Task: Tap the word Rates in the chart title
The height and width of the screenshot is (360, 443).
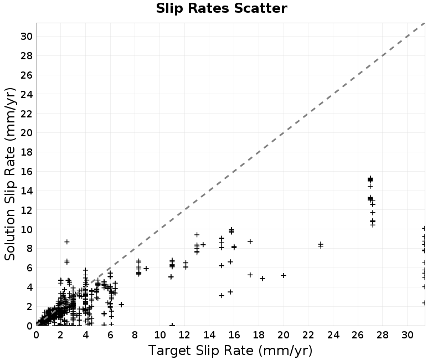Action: click(209, 8)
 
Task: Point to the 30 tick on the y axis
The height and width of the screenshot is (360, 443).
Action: click(26, 37)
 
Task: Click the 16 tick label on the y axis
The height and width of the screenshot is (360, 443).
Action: click(26, 172)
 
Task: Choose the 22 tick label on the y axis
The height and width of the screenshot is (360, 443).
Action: click(26, 114)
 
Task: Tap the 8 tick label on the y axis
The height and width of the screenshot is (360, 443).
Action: click(29, 249)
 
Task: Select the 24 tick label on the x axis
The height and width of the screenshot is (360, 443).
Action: click(333, 335)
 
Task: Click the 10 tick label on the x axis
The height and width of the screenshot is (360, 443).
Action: click(160, 335)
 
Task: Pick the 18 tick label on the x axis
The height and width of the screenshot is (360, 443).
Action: click(259, 335)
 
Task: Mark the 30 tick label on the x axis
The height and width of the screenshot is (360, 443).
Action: click(408, 335)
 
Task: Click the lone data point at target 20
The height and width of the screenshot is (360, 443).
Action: click(284, 275)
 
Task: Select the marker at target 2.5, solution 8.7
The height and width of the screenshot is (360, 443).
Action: click(67, 241)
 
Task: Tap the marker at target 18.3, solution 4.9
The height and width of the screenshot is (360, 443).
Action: click(262, 279)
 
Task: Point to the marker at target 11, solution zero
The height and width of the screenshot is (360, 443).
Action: click(172, 325)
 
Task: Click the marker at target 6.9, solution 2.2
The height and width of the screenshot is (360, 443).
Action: click(121, 304)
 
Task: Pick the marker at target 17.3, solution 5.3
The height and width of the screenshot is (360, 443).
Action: click(250, 275)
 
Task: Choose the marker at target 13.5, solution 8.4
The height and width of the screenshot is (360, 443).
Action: click(203, 244)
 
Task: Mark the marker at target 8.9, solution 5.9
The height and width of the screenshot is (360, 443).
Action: click(146, 268)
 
